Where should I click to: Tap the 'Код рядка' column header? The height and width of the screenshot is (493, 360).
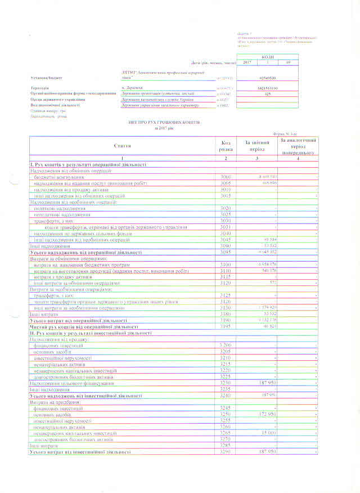[x=226, y=146]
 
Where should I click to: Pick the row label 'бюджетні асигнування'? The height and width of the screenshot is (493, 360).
[x=58, y=177]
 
